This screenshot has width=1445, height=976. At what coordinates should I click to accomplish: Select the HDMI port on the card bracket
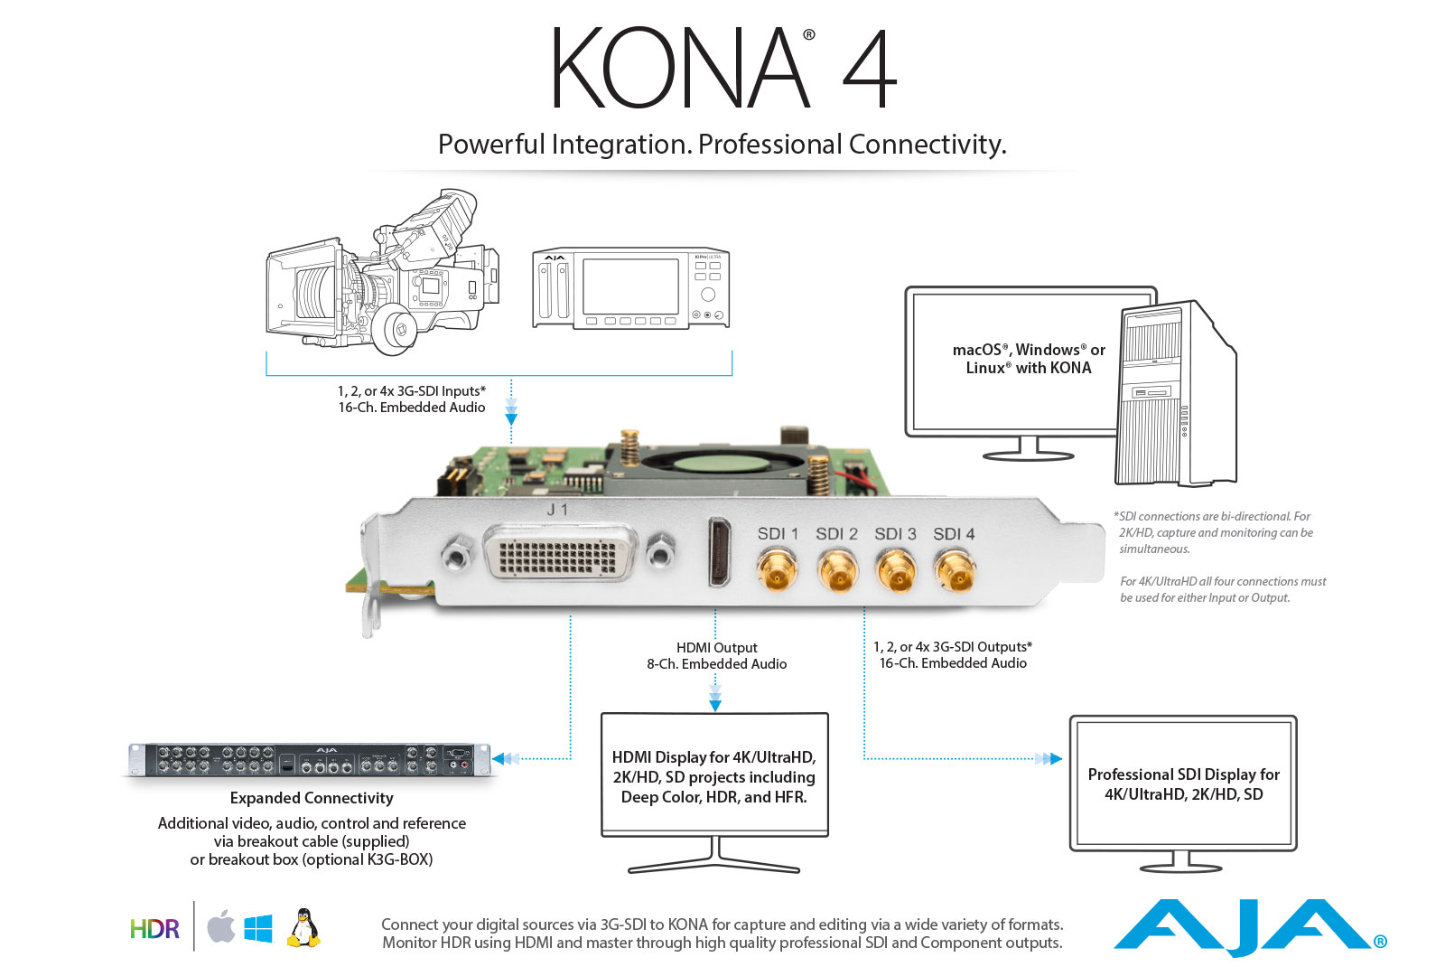(720, 551)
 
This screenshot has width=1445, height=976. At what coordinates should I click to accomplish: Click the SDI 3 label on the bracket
(895, 534)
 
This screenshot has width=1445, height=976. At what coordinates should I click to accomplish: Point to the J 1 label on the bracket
(557, 510)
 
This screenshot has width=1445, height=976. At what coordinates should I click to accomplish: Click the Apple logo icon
(221, 927)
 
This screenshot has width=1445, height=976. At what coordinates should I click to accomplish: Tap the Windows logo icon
(258, 928)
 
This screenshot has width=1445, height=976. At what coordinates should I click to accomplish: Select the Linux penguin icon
(303, 928)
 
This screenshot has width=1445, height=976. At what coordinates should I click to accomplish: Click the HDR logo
(154, 929)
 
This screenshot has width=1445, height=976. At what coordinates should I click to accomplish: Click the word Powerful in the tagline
(491, 145)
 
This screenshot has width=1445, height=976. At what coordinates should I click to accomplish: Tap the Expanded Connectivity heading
(312, 798)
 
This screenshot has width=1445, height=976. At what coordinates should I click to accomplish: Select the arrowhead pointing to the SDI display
(1054, 759)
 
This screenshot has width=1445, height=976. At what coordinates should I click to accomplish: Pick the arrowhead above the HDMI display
(715, 705)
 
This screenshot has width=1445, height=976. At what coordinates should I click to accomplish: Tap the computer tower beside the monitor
(1175, 398)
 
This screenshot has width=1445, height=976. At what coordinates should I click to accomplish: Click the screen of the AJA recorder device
(630, 286)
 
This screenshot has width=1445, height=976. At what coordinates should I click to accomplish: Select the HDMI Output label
(716, 648)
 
